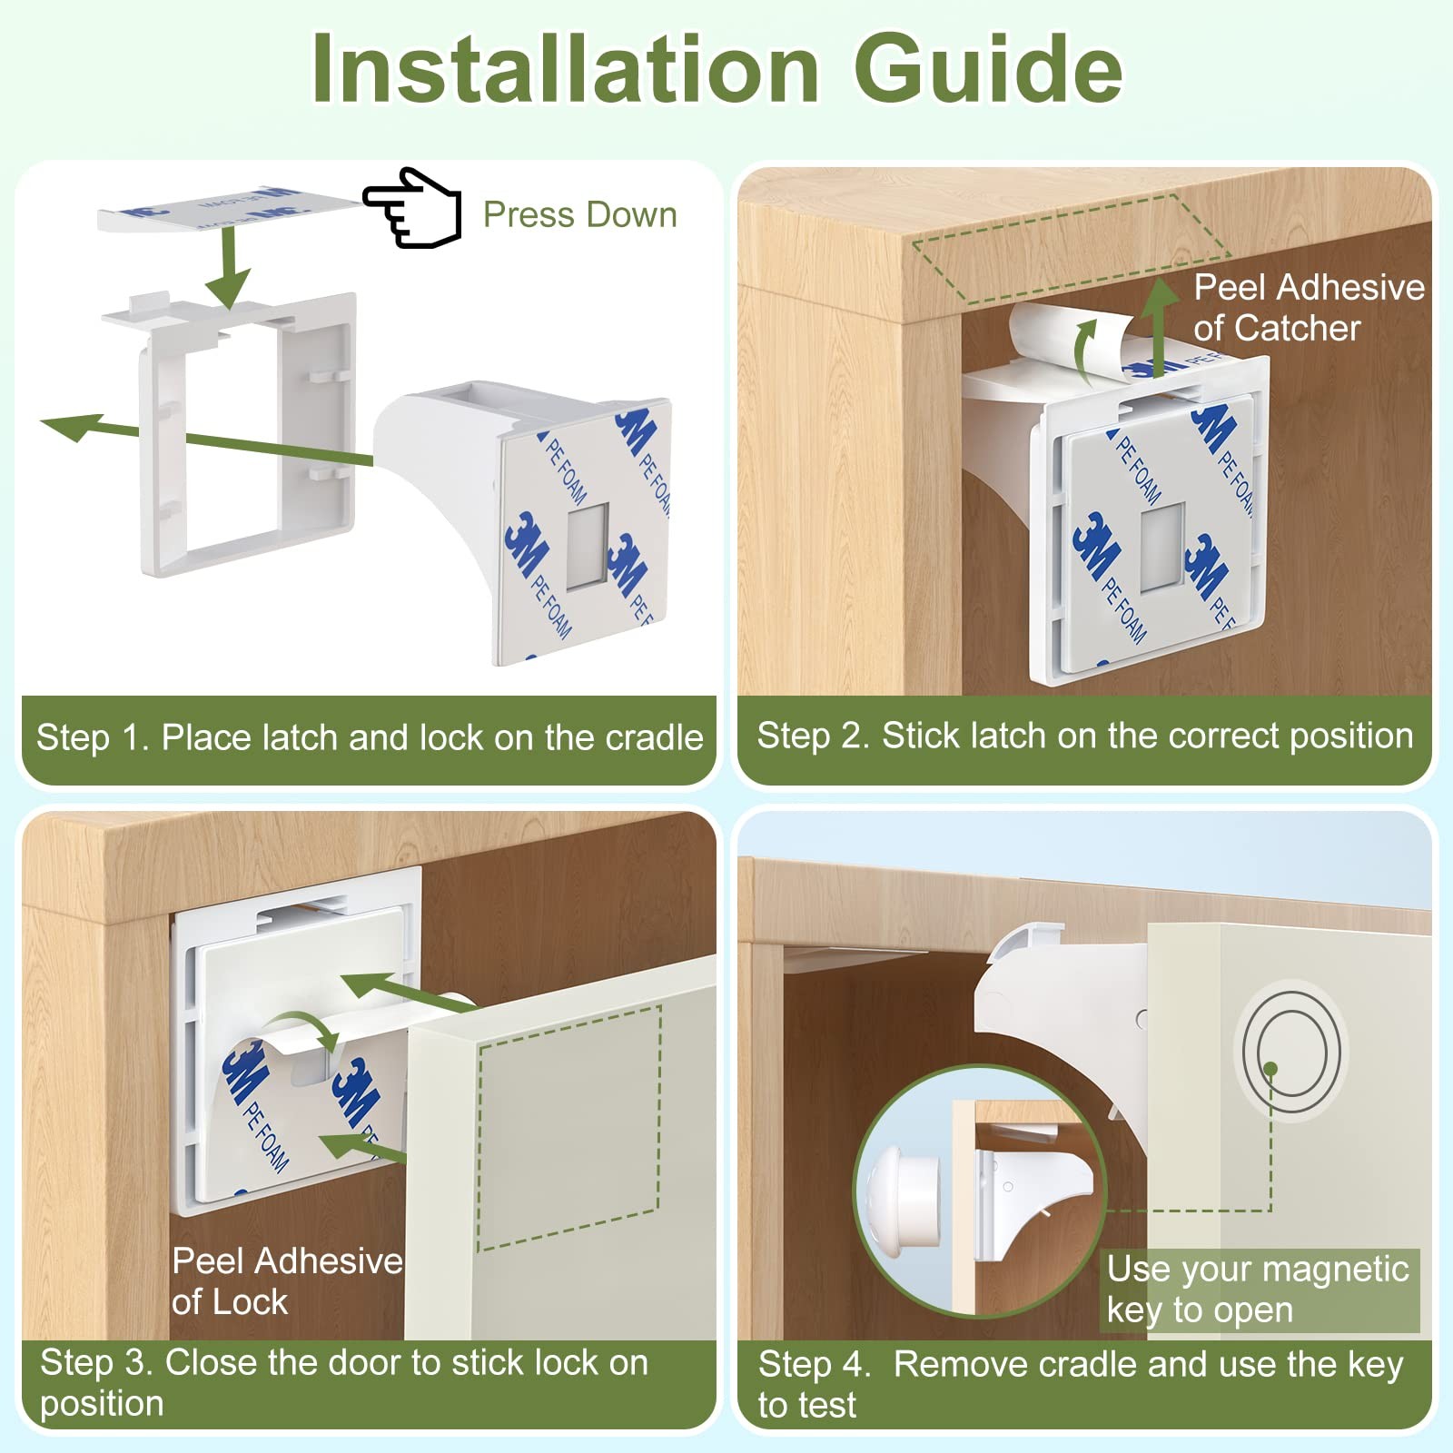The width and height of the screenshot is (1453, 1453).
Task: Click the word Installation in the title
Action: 565,69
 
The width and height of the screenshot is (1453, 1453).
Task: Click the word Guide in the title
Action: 988,69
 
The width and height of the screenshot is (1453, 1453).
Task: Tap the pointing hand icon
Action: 412,207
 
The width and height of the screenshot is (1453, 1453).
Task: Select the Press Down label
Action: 579,215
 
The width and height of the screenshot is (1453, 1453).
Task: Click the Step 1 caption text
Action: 370,737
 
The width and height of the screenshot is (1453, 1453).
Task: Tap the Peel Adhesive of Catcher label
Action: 1309,307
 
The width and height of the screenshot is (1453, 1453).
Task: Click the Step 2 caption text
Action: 1085,736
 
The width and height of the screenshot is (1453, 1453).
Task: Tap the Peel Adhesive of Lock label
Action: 287,1280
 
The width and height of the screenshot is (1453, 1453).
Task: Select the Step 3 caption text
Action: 344,1382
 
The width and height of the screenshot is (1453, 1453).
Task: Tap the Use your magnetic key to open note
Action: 1258,1290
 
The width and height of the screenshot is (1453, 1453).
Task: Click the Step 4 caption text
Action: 1081,1384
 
